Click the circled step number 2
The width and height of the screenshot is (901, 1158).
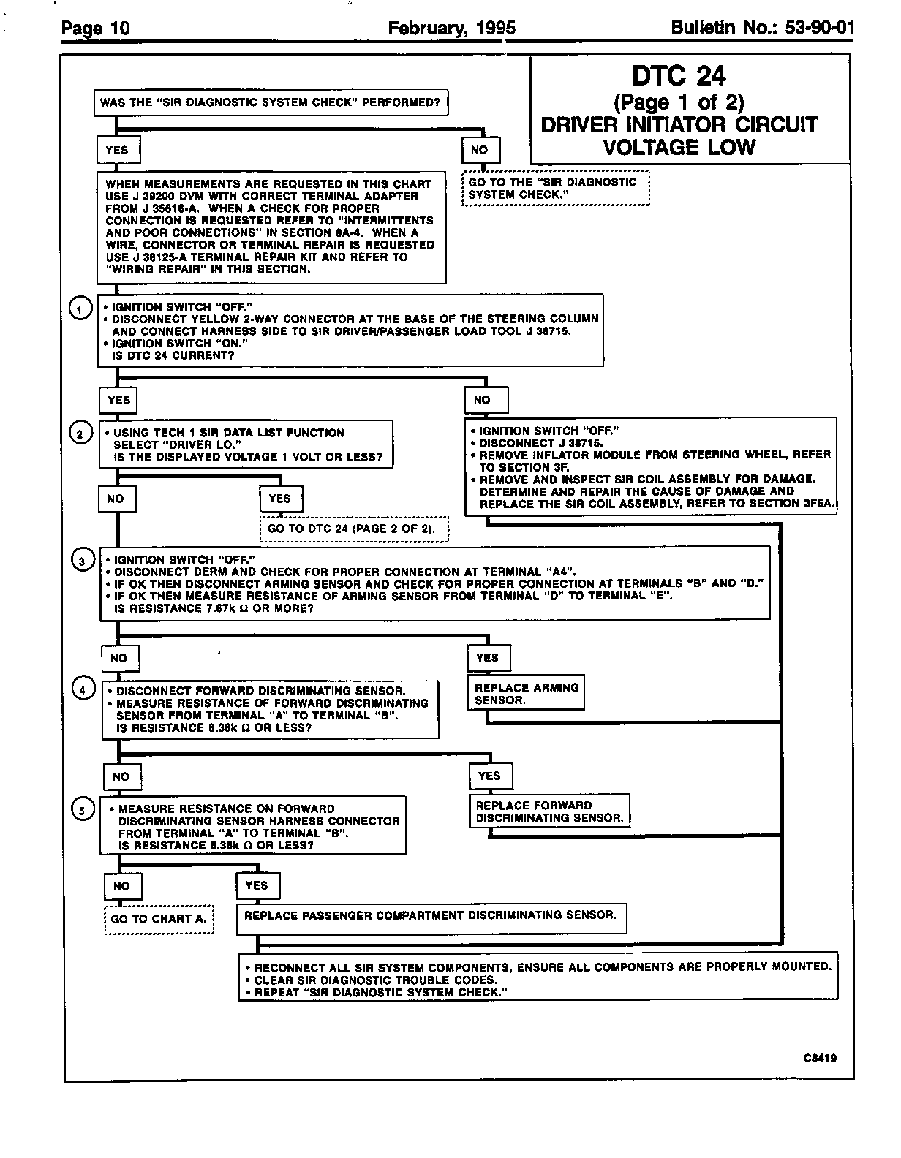pos(80,434)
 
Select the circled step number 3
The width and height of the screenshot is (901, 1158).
pos(83,561)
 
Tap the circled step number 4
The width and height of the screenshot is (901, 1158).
pos(83,689)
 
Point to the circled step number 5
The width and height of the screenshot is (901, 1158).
pos(83,809)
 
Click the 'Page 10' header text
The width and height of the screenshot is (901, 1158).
pos(96,29)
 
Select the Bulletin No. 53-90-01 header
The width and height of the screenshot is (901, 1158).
pos(761,28)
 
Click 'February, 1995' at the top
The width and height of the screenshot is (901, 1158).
pos(451,28)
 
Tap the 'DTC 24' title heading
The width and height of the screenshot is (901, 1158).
pos(679,76)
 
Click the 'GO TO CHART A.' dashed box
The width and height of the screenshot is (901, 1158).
pos(159,919)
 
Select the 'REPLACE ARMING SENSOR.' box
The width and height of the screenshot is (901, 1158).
pos(527,694)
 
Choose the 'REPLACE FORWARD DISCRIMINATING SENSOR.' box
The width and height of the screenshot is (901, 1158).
pos(549,811)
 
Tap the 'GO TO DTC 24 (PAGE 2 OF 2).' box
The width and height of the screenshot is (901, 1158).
pos(355,529)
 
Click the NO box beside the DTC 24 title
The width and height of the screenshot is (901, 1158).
pos(480,150)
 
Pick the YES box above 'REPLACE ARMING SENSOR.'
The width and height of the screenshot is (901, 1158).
pos(488,658)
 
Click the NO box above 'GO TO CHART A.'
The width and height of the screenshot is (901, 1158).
pos(122,886)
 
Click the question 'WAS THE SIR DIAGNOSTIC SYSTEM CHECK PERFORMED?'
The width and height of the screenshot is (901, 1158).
pos(271,102)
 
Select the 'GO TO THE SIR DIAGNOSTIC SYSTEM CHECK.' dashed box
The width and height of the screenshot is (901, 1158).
pos(555,189)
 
